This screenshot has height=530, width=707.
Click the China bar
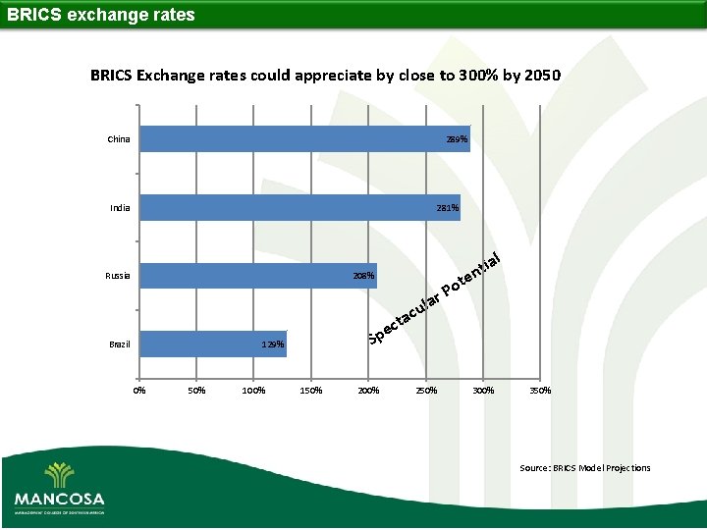coord(304,138)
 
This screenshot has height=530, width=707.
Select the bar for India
coord(299,207)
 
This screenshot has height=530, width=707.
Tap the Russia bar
coord(257,276)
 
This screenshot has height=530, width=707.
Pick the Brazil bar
coord(212,344)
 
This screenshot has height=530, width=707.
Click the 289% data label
coord(457,139)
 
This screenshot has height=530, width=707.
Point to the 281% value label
coord(447,208)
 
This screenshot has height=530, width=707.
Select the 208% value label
coord(363,277)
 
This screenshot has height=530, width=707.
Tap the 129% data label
coord(273,345)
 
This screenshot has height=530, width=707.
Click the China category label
coord(118,139)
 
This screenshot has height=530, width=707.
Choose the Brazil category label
coord(119,344)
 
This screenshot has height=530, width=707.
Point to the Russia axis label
coord(118,276)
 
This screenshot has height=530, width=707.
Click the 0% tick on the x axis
coord(139,391)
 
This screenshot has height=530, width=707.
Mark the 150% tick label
coord(311,391)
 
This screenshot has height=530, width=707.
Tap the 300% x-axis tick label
coord(483,391)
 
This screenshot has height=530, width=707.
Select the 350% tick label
coord(540,391)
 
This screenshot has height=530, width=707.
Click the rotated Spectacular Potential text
coord(436,299)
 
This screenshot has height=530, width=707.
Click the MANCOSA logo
coord(59,489)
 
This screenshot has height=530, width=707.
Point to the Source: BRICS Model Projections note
coord(584,468)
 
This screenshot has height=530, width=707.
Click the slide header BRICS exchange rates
coord(101,15)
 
